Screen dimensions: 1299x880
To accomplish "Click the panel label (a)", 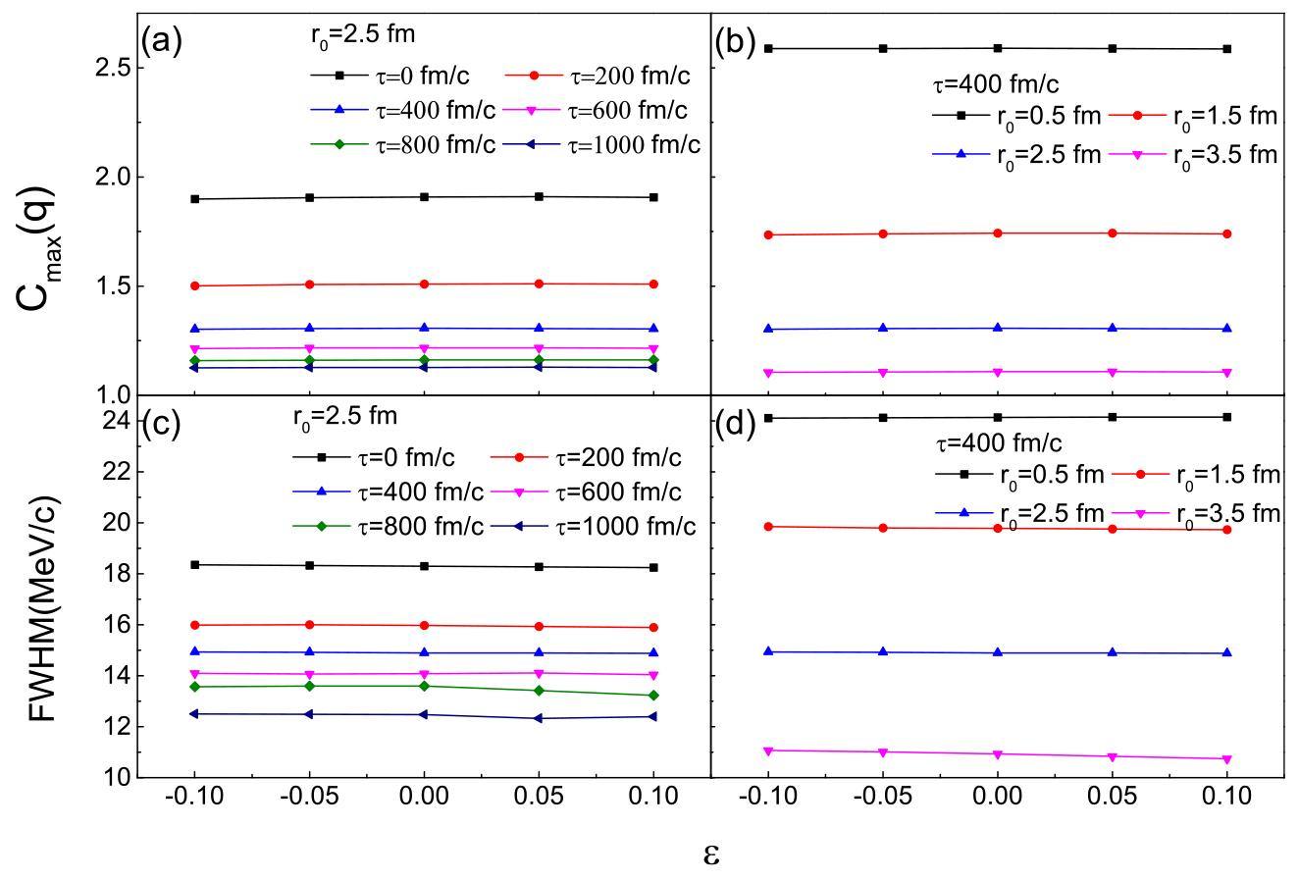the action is coord(161,41).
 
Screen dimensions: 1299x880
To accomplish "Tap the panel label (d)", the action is coord(735,425).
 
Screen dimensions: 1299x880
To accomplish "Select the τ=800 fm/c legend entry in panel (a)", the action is coord(403,144).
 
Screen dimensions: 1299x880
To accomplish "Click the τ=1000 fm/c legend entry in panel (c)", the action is coord(593,527).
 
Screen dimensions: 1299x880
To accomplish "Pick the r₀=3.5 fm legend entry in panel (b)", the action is coord(1193,155).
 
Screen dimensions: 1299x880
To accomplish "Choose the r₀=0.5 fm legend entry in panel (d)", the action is coord(1019,475).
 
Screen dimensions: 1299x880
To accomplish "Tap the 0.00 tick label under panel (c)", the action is coord(424,796).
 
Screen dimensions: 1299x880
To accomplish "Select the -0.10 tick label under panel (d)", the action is coord(768,796).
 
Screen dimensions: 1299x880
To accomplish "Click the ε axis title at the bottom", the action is coord(711,854).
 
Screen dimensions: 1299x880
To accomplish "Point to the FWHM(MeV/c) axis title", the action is coord(42,608).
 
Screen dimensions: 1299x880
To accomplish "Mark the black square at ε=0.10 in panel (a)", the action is coord(653,197).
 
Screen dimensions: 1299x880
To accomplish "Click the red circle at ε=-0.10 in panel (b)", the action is coord(768,234).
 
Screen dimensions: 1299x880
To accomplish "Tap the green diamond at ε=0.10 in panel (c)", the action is coord(653,695).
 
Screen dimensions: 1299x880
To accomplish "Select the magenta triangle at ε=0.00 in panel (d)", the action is coord(998,754).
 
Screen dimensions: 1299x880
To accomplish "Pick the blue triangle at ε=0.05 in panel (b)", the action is coord(1113,328).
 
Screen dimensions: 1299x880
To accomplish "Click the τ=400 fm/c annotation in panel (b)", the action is coord(996,84).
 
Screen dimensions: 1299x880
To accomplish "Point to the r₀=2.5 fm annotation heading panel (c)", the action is coord(345,417).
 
